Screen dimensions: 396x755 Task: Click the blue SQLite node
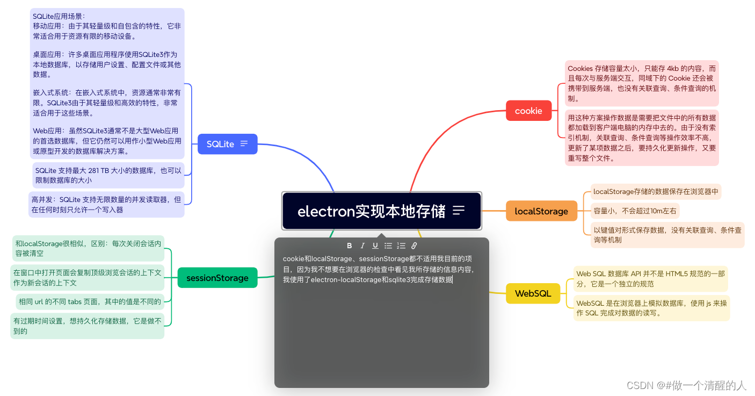[x=220, y=144]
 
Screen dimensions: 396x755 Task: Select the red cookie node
[x=528, y=111]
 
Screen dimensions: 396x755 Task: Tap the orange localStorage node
[x=541, y=211]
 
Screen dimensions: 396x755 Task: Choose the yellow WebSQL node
[x=533, y=293]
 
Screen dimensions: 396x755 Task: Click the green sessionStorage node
[x=217, y=278]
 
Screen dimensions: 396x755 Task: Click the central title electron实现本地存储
[x=371, y=211]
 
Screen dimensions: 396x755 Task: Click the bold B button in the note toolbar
[x=350, y=246]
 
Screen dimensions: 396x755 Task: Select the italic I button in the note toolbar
[x=362, y=246]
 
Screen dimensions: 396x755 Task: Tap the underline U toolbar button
[x=375, y=246]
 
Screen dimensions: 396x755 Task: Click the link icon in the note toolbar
[x=414, y=246]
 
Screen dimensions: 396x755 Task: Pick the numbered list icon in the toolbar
[x=401, y=246]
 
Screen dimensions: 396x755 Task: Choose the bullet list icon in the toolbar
[x=388, y=246]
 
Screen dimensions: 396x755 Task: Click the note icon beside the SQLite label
[x=244, y=144]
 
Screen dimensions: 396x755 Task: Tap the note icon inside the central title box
[x=459, y=211]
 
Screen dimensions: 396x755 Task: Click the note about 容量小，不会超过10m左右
[x=635, y=210]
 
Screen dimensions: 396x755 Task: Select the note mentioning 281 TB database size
[x=108, y=175]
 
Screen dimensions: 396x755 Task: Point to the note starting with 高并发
[x=106, y=204]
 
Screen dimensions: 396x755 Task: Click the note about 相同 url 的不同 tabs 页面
[x=90, y=301]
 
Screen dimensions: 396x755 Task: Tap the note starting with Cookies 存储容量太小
[x=642, y=83]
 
